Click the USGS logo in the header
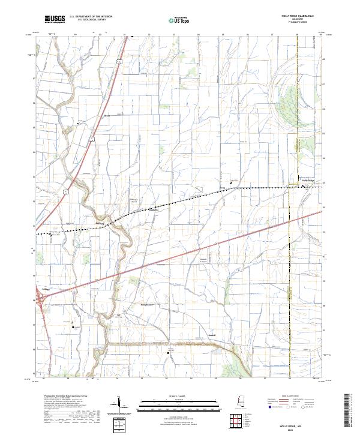click(x=55, y=19)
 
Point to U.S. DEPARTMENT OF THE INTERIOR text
click(x=91, y=17)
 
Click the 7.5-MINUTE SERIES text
click(x=297, y=23)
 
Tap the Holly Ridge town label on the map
click(x=308, y=180)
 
